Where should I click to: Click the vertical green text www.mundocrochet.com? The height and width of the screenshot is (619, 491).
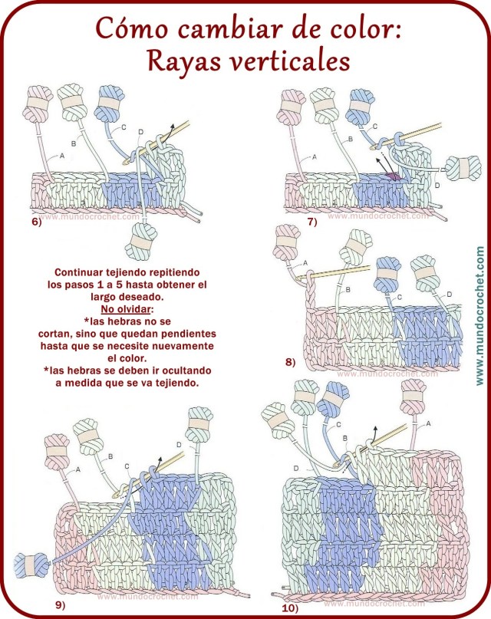pyautogui.click(x=479, y=315)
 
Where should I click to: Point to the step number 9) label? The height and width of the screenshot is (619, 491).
pyautogui.click(x=60, y=604)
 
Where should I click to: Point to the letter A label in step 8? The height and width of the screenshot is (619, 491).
pyautogui.click(x=305, y=262)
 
